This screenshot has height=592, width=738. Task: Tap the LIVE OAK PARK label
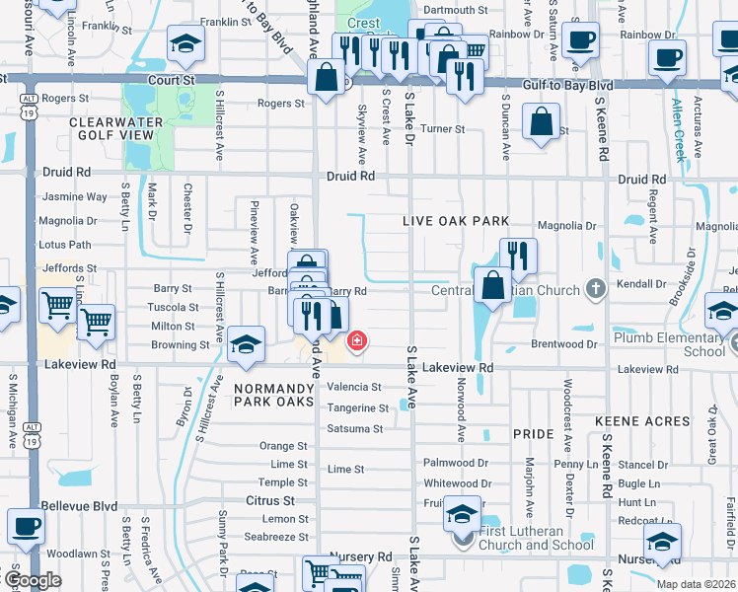tap(456, 222)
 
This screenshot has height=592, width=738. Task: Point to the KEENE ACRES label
tap(641, 421)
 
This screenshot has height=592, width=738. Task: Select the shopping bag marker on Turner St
tap(542, 124)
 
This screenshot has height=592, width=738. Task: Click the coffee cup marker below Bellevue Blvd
tap(26, 526)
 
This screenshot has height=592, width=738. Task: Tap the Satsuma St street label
tap(355, 429)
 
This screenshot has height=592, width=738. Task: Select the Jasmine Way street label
tap(72, 197)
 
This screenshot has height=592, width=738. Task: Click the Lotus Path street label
tap(64, 245)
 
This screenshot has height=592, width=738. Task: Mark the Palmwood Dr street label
tap(456, 463)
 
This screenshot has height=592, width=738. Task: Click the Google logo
tap(33, 580)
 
